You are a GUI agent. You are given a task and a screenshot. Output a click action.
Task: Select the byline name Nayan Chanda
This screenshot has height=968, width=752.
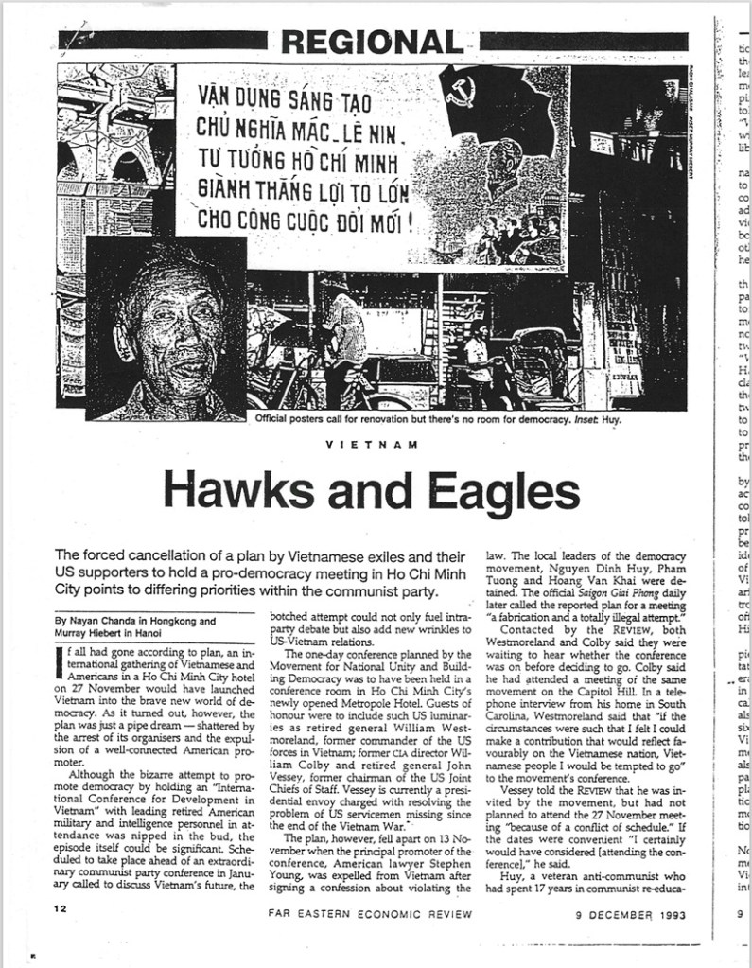click(x=104, y=622)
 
